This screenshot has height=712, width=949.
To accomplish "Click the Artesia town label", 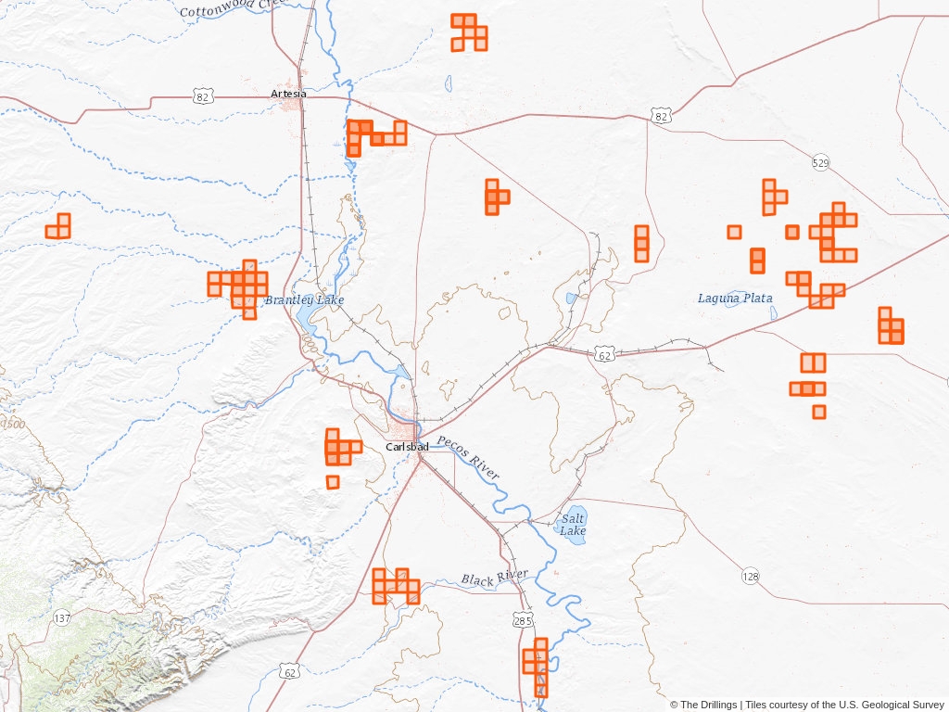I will pyautogui.click(x=288, y=94).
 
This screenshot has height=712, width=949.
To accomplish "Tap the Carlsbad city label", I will pyautogui.click(x=407, y=447).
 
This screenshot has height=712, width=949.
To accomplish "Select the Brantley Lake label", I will pyautogui.click(x=304, y=300).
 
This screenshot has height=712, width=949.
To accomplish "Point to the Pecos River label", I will pyautogui.click(x=468, y=457).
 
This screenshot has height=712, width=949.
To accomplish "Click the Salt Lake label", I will pyautogui.click(x=573, y=525).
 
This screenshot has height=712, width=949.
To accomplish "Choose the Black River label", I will pyautogui.click(x=494, y=578).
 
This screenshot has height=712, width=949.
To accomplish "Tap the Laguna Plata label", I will pyautogui.click(x=735, y=299).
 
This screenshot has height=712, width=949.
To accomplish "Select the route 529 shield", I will pyautogui.click(x=820, y=163).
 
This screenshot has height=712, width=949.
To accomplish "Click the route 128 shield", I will pyautogui.click(x=750, y=577).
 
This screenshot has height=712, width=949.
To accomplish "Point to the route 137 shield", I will pyautogui.click(x=62, y=617).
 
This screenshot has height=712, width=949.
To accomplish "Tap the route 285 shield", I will pyautogui.click(x=523, y=617).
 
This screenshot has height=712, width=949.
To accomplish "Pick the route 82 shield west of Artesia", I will pyautogui.click(x=203, y=95).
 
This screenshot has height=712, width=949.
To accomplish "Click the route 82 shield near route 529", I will pyautogui.click(x=660, y=116).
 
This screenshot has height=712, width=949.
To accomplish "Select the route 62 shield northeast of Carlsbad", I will pyautogui.click(x=604, y=355).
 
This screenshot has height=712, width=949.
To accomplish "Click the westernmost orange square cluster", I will pyautogui.click(x=58, y=226).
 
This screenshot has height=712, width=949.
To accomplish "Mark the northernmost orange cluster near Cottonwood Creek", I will pyautogui.click(x=469, y=32).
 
